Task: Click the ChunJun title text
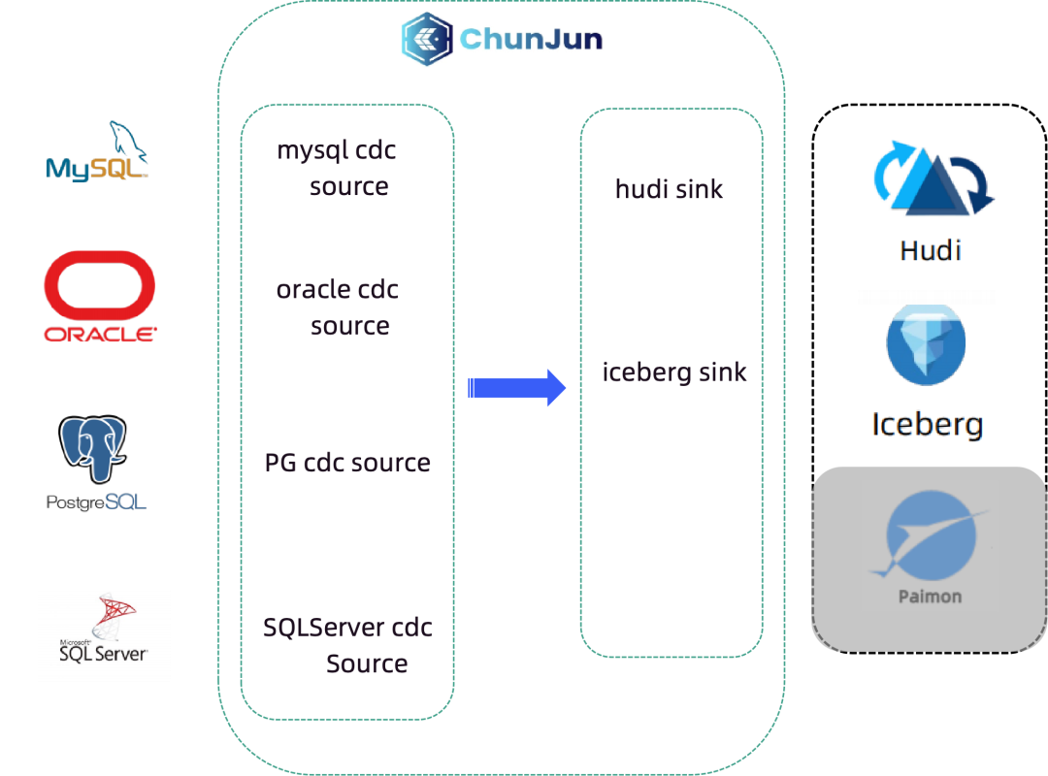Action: point(531,39)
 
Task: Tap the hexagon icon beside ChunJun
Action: point(426,39)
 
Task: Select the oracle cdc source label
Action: point(338,307)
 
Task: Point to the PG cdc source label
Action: point(347,463)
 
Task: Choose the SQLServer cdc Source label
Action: point(347,646)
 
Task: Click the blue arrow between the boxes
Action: point(517,388)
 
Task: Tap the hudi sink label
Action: point(670,189)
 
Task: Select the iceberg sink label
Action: point(674,372)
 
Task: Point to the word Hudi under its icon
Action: point(931,250)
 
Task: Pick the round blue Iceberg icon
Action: point(926,343)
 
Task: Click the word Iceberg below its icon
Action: point(927,424)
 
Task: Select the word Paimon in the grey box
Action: point(930,596)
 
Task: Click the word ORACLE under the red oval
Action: point(100,335)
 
